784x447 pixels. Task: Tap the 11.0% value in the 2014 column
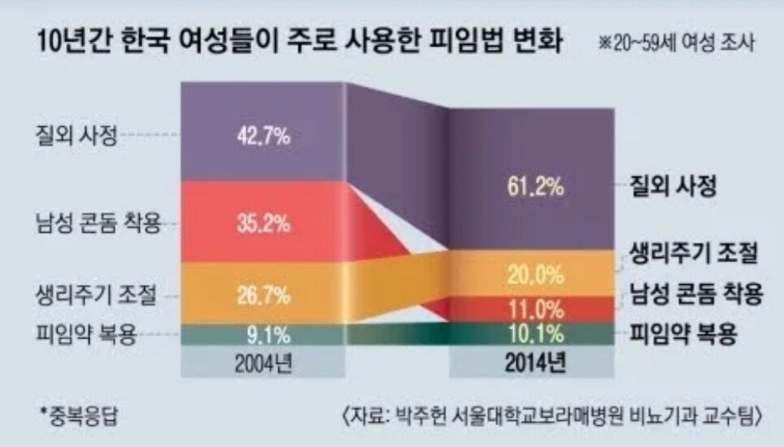click(x=534, y=309)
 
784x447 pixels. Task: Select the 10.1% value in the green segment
click(x=534, y=334)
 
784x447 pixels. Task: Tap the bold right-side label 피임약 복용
click(x=684, y=334)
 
